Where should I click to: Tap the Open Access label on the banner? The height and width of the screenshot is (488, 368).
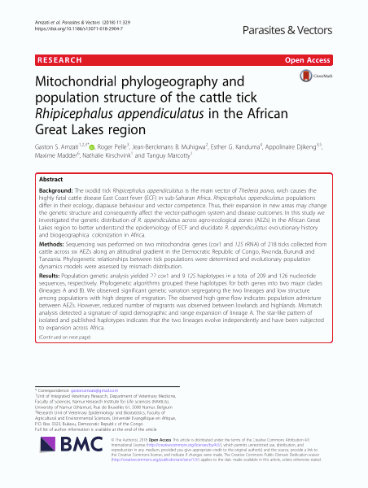(x=331, y=60)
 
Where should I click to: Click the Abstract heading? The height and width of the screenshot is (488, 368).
(x=50, y=179)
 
